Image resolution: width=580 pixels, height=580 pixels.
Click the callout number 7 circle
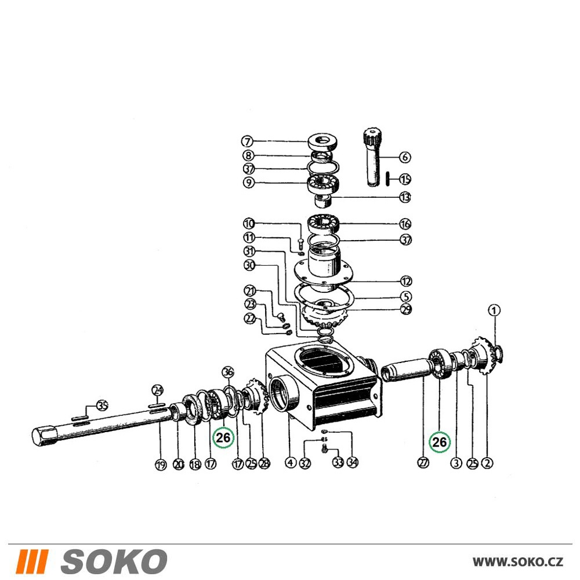tap(247, 142)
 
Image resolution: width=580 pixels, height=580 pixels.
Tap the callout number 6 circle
tap(405, 157)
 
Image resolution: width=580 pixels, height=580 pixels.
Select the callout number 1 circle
tap(494, 310)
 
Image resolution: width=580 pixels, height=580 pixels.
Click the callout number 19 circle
tap(160, 465)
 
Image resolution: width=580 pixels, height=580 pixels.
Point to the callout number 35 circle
tap(102, 405)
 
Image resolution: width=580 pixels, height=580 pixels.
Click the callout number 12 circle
tap(406, 281)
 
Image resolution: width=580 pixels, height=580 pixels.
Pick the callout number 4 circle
tap(291, 462)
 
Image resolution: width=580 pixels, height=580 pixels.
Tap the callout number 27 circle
tap(423, 462)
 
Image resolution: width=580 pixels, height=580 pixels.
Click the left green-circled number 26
tap(223, 437)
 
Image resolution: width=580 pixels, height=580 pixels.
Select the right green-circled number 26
tap(440, 442)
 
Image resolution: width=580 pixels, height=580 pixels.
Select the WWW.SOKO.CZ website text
tap(517, 562)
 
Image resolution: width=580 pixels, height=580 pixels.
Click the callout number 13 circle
tap(405, 197)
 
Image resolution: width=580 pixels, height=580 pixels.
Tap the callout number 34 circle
tap(353, 462)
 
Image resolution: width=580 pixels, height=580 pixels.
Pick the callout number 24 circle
tap(158, 390)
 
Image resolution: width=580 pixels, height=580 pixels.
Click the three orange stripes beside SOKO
tap(32, 561)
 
